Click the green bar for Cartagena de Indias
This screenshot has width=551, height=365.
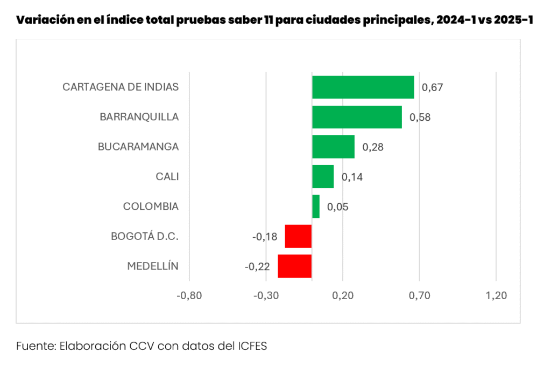point(363,87)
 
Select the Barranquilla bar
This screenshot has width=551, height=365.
point(357,117)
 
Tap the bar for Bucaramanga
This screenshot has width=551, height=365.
point(333,147)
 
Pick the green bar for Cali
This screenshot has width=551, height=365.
point(323,176)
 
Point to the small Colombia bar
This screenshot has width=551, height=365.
point(316,206)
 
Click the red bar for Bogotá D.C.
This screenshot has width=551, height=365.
point(298,236)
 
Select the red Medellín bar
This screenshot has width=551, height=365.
point(294,266)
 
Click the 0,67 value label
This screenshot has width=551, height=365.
point(432,87)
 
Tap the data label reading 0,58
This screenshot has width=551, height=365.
point(420,117)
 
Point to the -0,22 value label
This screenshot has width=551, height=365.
point(257,266)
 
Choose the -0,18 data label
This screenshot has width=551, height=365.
point(265,237)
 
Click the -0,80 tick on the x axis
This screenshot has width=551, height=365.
point(189,295)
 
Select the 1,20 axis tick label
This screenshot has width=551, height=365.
point(496,295)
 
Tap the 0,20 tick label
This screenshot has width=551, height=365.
point(343,295)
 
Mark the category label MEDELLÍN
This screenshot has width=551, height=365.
point(153,266)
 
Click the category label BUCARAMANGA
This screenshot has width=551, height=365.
point(138,147)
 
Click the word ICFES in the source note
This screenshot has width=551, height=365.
point(252,346)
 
